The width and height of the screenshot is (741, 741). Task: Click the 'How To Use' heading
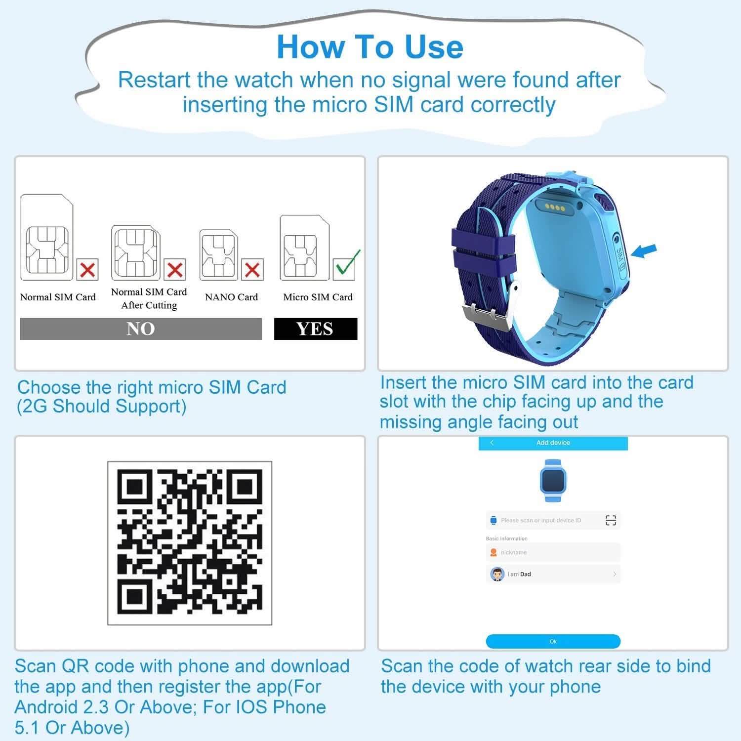pyautogui.click(x=370, y=47)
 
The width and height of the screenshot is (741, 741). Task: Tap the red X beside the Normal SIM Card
pyautogui.click(x=87, y=270)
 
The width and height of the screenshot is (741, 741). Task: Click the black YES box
pyautogui.click(x=316, y=329)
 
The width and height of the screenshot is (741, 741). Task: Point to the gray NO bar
pyautogui.click(x=141, y=329)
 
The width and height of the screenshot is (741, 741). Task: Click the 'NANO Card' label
pyautogui.click(x=231, y=297)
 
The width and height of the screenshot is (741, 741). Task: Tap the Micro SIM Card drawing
pyautogui.click(x=305, y=247)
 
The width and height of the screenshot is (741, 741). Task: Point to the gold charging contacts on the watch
pyautogui.click(x=555, y=208)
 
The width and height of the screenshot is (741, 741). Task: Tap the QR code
pyautogui.click(x=190, y=543)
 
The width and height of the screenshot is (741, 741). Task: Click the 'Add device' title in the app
pyautogui.click(x=553, y=443)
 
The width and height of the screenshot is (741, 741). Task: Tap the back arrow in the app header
pyautogui.click(x=492, y=443)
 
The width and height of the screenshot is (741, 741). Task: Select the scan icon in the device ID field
pyautogui.click(x=611, y=520)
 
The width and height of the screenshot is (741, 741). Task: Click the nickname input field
pyautogui.click(x=553, y=552)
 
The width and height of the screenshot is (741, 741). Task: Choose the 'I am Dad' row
pyautogui.click(x=553, y=574)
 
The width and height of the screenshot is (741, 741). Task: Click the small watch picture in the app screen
pyautogui.click(x=553, y=480)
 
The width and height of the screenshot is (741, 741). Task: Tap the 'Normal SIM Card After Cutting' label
pyautogui.click(x=149, y=298)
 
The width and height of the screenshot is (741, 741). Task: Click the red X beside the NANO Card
pyautogui.click(x=252, y=270)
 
